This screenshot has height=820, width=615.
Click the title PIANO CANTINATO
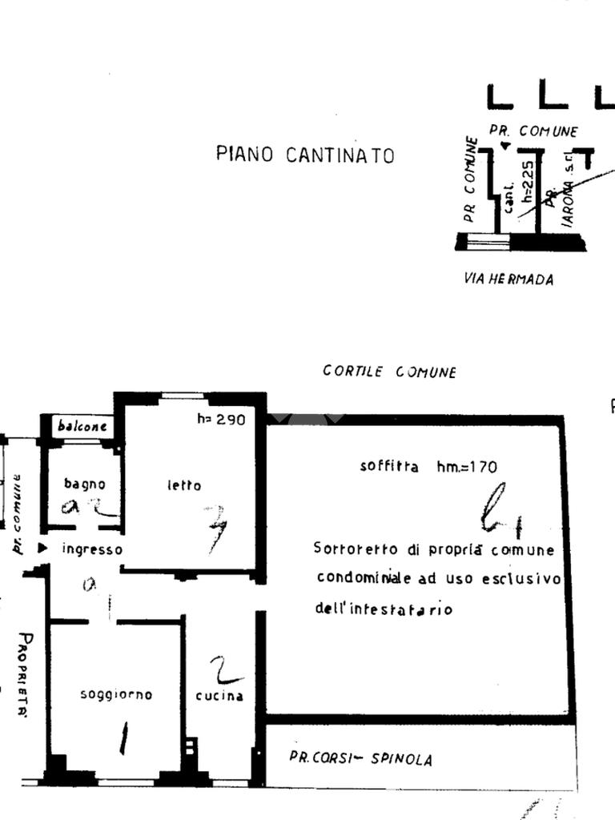(x=305, y=155)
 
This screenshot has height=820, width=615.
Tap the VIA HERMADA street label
(x=508, y=279)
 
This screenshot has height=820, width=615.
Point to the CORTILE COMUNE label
(x=389, y=372)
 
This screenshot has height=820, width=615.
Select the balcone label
(x=82, y=426)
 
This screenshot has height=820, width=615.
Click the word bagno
(x=84, y=484)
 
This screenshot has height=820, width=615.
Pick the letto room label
(x=184, y=485)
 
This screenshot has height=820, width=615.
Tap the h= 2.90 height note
(x=221, y=419)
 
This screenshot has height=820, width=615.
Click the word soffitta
(x=389, y=466)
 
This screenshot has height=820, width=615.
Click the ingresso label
(x=92, y=549)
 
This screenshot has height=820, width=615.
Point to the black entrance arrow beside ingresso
(x=42, y=549)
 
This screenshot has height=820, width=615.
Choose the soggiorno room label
(x=116, y=694)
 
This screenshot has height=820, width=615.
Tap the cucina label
(x=219, y=696)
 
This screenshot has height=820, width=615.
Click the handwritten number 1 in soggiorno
(x=123, y=738)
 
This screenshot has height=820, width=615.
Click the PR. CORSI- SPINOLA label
(x=360, y=758)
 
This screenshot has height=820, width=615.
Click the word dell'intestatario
(x=384, y=609)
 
